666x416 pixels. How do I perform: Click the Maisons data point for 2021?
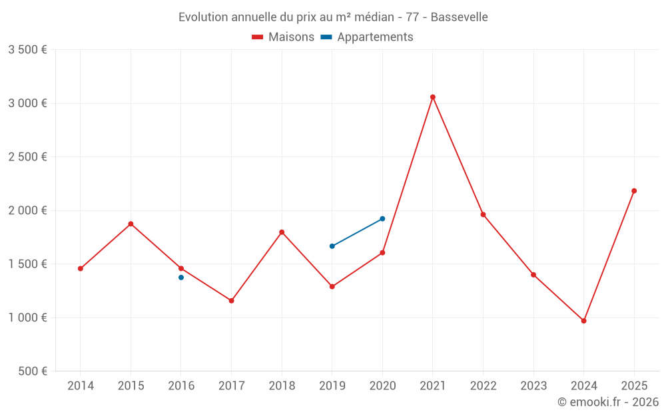[433, 97]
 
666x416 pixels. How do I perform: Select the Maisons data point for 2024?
[584, 321]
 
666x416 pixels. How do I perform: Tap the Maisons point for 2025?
[634, 191]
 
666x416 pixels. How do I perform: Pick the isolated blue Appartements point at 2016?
[181, 278]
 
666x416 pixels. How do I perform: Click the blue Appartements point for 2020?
[382, 219]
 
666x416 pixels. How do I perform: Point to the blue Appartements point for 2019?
[332, 246]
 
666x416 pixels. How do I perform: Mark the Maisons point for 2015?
[131, 224]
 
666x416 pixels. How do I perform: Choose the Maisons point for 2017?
[232, 301]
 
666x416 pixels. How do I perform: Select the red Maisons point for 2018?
[282, 232]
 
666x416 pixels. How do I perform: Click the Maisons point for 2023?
[533, 275]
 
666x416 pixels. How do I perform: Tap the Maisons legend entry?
[283, 37]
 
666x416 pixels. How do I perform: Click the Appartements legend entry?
[367, 37]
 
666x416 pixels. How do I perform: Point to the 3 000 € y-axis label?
[28, 103]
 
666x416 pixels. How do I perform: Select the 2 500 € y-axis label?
[28, 157]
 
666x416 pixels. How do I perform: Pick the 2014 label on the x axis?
[81, 386]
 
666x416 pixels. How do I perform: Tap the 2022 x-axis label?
[483, 386]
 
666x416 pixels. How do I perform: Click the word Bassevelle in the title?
[459, 17]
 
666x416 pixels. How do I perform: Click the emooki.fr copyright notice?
[608, 402]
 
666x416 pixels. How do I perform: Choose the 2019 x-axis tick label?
[332, 386]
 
